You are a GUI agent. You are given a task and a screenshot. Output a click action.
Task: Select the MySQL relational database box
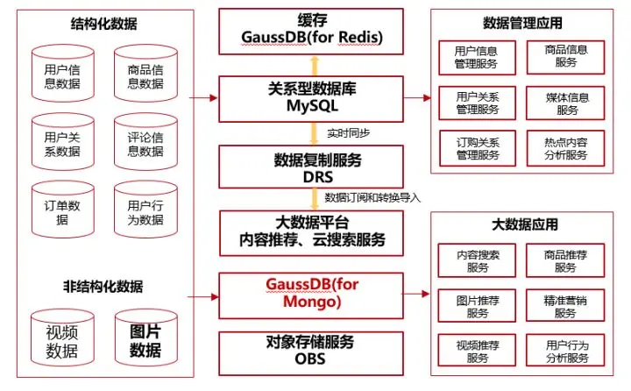click(x=312, y=97)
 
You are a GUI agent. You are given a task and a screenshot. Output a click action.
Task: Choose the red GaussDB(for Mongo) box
click(x=312, y=293)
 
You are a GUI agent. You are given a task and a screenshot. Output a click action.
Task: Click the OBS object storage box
click(x=312, y=352)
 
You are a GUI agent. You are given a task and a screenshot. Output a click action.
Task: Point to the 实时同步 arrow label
click(x=344, y=132)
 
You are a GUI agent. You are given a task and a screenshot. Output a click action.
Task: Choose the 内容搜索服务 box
click(x=478, y=260)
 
